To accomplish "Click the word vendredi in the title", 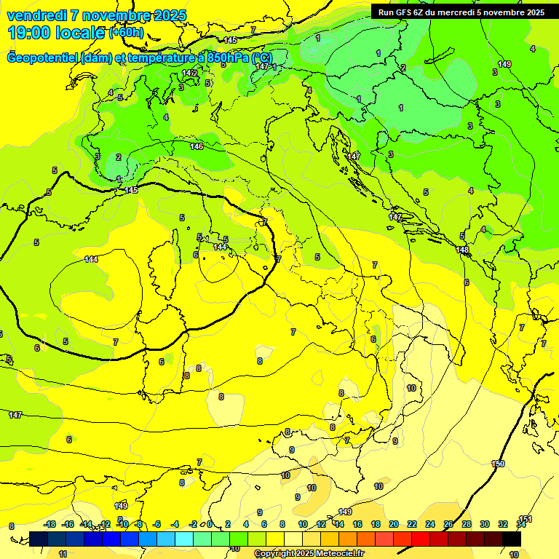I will pyautogui.click(x=36, y=15).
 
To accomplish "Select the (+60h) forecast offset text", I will pyautogui.click(x=126, y=33).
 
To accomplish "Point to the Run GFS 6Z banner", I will pyautogui.click(x=461, y=12).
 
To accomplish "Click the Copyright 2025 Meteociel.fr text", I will pyautogui.click(x=309, y=554).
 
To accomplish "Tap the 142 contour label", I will pyautogui.click(x=190, y=74).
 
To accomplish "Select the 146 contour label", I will pyautogui.click(x=197, y=147).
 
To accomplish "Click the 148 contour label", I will pyautogui.click(x=463, y=250).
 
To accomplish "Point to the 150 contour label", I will pyautogui.click(x=498, y=464).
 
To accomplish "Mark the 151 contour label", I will pyautogui.click(x=526, y=519).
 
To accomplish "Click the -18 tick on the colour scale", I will pyautogui.click(x=49, y=525).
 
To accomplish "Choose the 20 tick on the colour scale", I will pyautogui.click(x=394, y=525).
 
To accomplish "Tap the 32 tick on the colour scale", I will pyautogui.click(x=503, y=525).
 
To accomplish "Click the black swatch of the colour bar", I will pyautogui.click(x=512, y=539).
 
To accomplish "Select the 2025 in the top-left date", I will pyautogui.click(x=170, y=15).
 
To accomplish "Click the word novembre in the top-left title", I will pyautogui.click(x=116, y=15).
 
